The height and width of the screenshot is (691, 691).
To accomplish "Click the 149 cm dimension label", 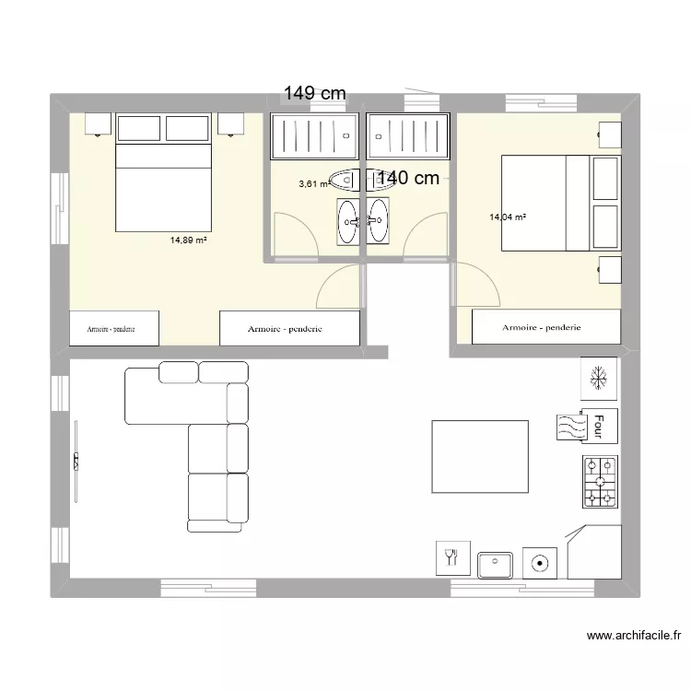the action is tap(315, 93).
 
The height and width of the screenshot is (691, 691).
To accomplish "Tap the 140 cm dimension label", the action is tap(408, 178).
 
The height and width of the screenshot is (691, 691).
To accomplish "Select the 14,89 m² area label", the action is tap(189, 240).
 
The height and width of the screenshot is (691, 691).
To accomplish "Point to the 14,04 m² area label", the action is tap(508, 217).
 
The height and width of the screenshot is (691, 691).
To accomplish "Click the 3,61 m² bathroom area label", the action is tap(315, 183).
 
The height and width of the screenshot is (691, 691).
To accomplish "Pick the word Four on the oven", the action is tap(599, 427).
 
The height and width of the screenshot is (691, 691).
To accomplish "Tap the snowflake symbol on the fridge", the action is tap(599, 378).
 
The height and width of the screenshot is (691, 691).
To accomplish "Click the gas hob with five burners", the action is tap(600, 482).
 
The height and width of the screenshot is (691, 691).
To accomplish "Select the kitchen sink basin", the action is tap(495, 565).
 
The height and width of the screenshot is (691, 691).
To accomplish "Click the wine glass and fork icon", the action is tap(452, 558).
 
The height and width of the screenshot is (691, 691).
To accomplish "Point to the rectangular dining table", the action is tap(480, 457).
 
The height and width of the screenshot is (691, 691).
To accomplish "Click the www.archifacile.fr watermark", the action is tap(634, 636).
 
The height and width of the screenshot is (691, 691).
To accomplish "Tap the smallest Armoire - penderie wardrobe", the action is tap(114, 328).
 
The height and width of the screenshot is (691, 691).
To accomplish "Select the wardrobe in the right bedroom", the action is tap(546, 326).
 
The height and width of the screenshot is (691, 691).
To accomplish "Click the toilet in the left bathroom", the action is tap(345, 181).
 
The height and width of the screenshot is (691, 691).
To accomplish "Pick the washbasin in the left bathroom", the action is tap(348, 221).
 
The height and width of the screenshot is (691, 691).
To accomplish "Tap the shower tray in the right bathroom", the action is tap(407, 136).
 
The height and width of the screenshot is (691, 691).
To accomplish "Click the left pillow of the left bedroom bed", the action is tap(139, 128).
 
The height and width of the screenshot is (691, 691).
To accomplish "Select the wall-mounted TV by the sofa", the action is tap(76, 462).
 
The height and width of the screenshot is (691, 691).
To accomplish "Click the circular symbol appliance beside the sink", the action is tap(540, 563).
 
